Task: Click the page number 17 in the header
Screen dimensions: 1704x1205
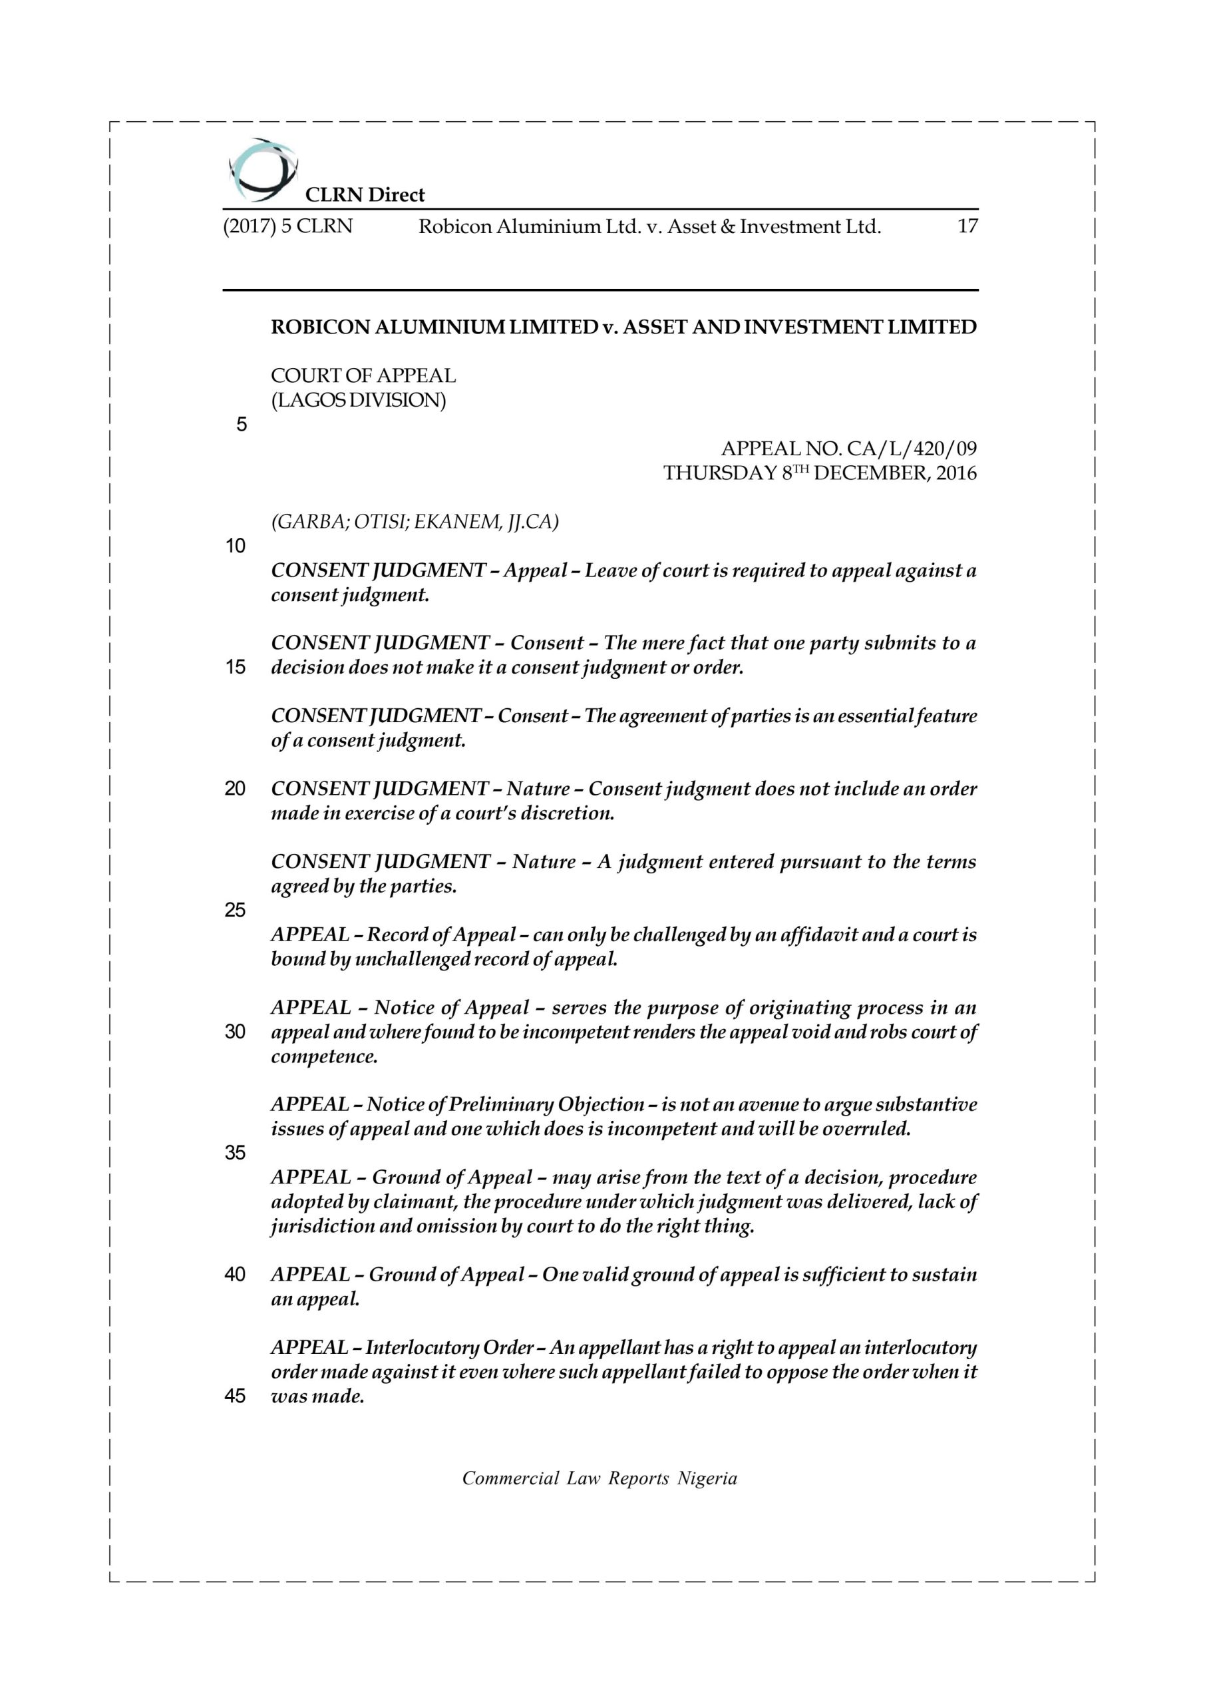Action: (967, 226)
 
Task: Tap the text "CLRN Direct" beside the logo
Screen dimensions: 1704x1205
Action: (365, 195)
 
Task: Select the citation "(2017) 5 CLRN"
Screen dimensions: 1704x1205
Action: (288, 226)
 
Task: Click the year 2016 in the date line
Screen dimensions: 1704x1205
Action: (956, 473)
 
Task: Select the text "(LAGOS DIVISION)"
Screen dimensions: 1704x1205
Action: (359, 401)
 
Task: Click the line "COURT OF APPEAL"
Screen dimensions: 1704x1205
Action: (363, 376)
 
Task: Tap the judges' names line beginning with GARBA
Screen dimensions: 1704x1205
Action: (415, 523)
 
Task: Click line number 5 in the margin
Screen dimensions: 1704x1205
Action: (241, 425)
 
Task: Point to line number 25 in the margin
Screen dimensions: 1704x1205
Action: (236, 911)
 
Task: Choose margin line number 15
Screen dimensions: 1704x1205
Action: (236, 668)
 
